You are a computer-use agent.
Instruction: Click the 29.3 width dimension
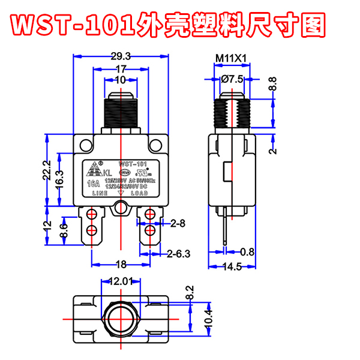pos(121,56)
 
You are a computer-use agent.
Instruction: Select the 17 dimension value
pos(121,69)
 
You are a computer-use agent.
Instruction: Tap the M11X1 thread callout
pos(232,58)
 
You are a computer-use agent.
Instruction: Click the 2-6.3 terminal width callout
pos(178,253)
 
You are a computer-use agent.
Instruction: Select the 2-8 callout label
pos(178,223)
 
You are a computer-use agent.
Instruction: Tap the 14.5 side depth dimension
pos(231,266)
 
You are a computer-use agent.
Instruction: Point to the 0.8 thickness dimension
pos(247,251)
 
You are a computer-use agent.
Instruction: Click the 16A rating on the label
pos(93,184)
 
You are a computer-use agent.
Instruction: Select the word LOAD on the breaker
pos(139,194)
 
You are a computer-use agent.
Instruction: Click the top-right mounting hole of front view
pos(157,145)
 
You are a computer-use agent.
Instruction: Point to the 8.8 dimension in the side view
pos(272,85)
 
